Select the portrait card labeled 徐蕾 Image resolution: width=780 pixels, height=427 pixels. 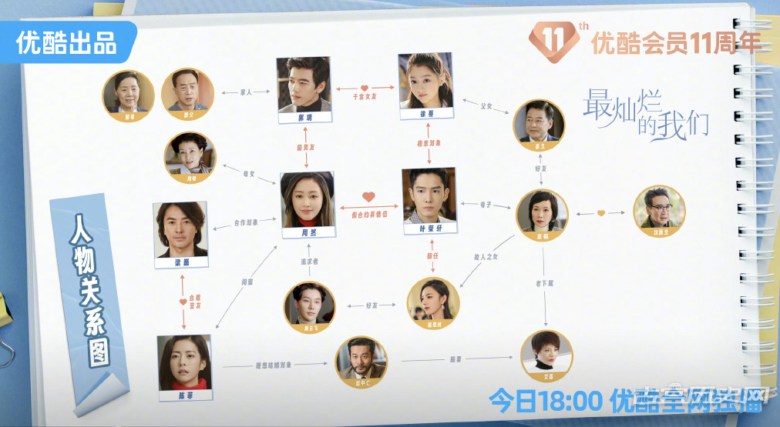[425, 86]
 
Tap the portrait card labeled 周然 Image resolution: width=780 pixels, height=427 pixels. [308, 204]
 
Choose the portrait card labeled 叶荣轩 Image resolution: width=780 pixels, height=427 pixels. [430, 201]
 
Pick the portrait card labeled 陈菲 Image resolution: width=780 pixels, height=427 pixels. [183, 367]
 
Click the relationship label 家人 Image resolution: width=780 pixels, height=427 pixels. [244, 92]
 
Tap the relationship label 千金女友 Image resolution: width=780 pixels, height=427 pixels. [365, 97]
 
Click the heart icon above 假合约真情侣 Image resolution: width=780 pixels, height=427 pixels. [368, 196]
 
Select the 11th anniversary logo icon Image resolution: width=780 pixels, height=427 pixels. [560, 39]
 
